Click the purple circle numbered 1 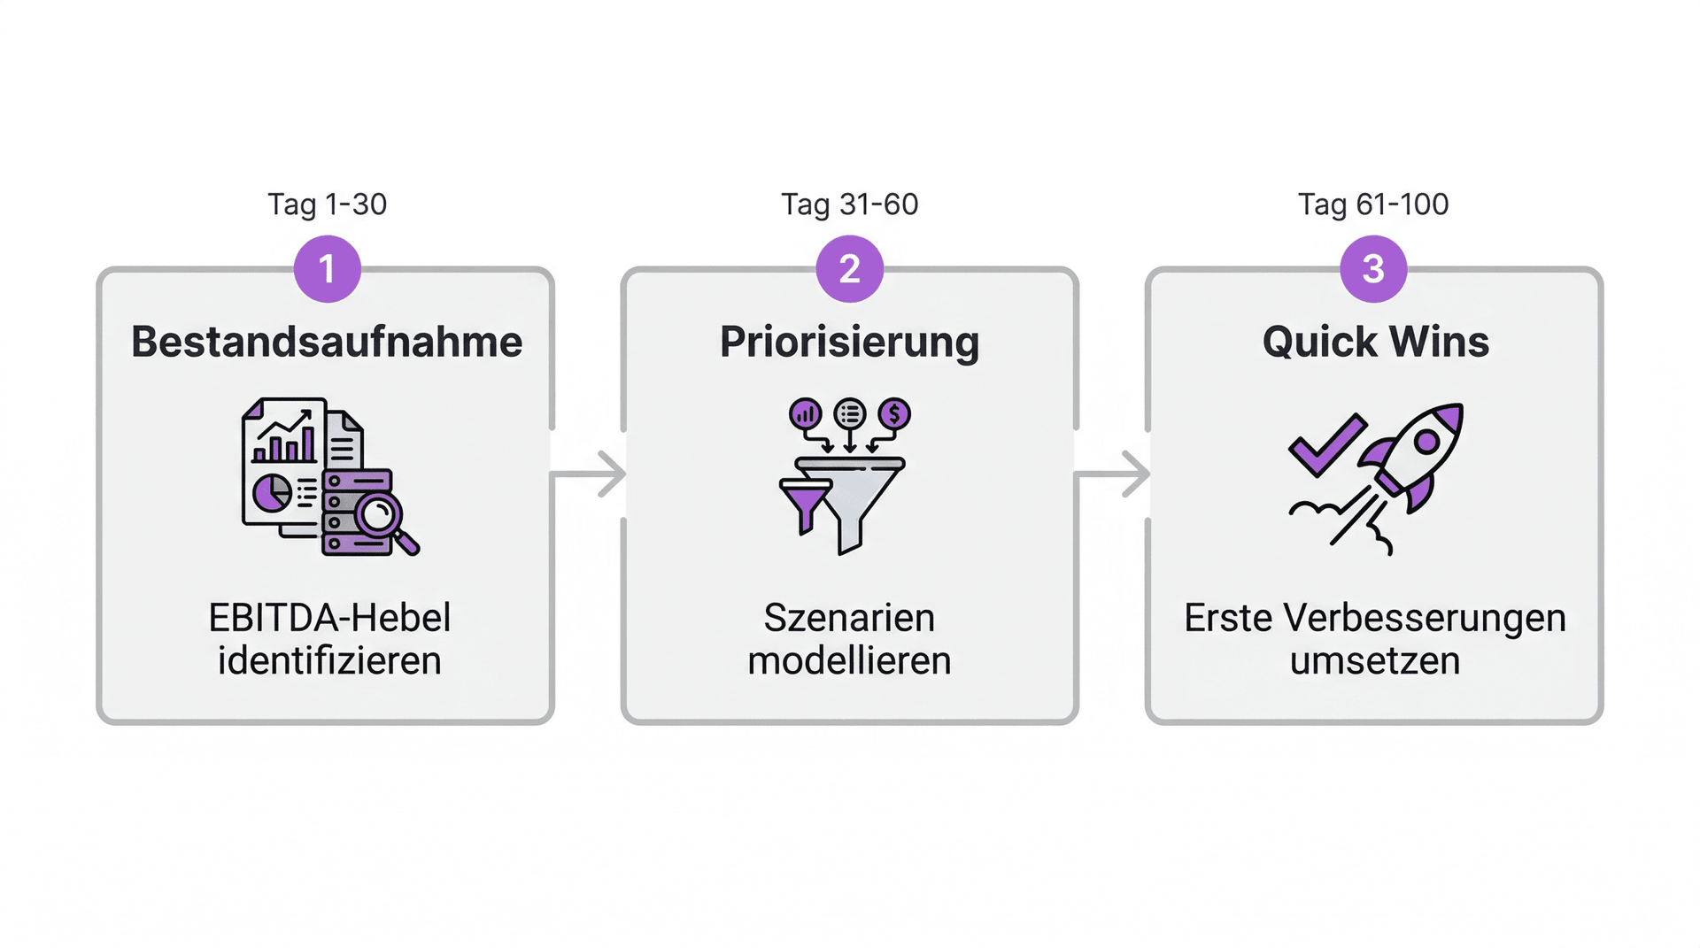coord(328,269)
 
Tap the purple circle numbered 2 coord(850,269)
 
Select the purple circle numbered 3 coord(1373,269)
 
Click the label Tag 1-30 coord(328,204)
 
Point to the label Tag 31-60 coord(850,204)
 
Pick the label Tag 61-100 coord(1373,204)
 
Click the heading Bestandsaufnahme coord(327,342)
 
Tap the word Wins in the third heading coord(1439,342)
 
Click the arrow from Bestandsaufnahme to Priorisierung coord(588,474)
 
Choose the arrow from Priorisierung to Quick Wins coord(1112,474)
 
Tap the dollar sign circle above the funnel coord(894,413)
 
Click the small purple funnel coord(805,505)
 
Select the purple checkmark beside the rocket coord(1325,445)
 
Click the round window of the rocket coord(1426,442)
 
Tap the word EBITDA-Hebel coord(329,618)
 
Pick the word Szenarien coord(849,618)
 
